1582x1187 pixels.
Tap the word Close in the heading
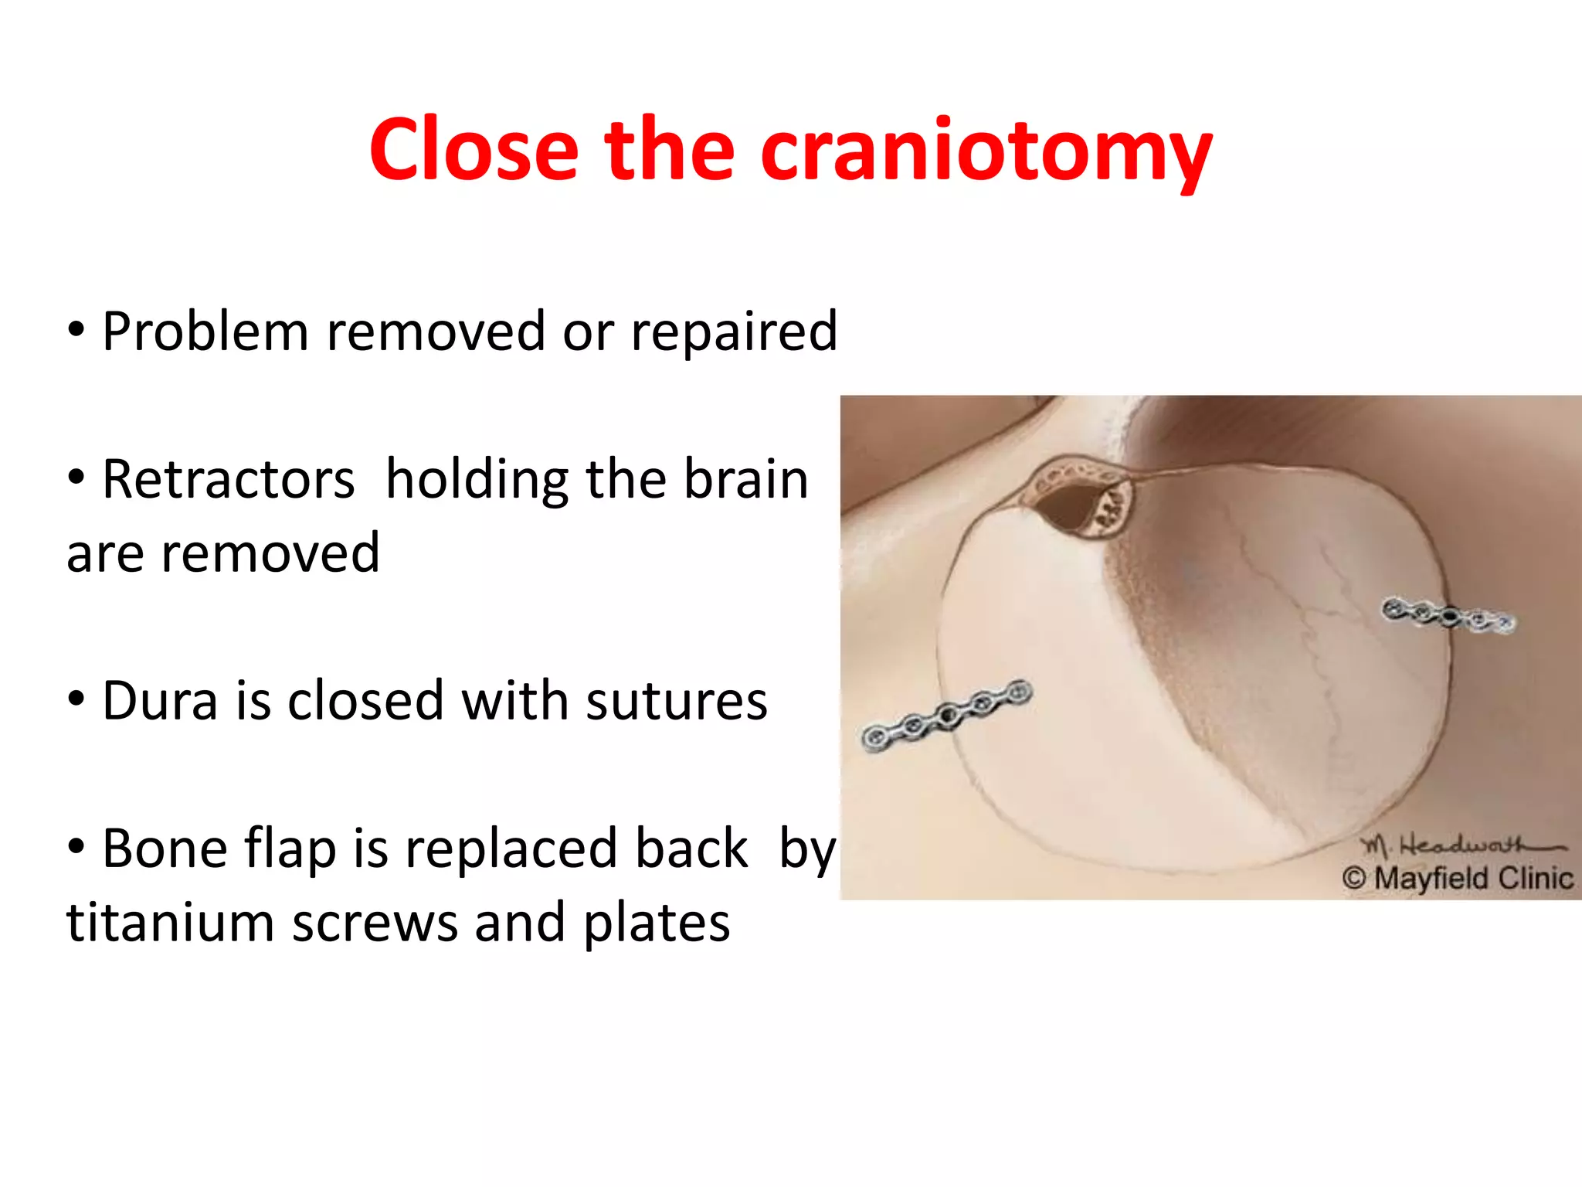point(474,151)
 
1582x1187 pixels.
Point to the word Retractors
point(229,480)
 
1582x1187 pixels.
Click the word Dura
point(160,701)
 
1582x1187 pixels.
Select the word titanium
point(170,923)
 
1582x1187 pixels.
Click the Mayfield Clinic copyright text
point(1458,879)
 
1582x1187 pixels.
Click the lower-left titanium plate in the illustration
point(948,714)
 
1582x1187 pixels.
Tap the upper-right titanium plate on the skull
point(1448,617)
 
